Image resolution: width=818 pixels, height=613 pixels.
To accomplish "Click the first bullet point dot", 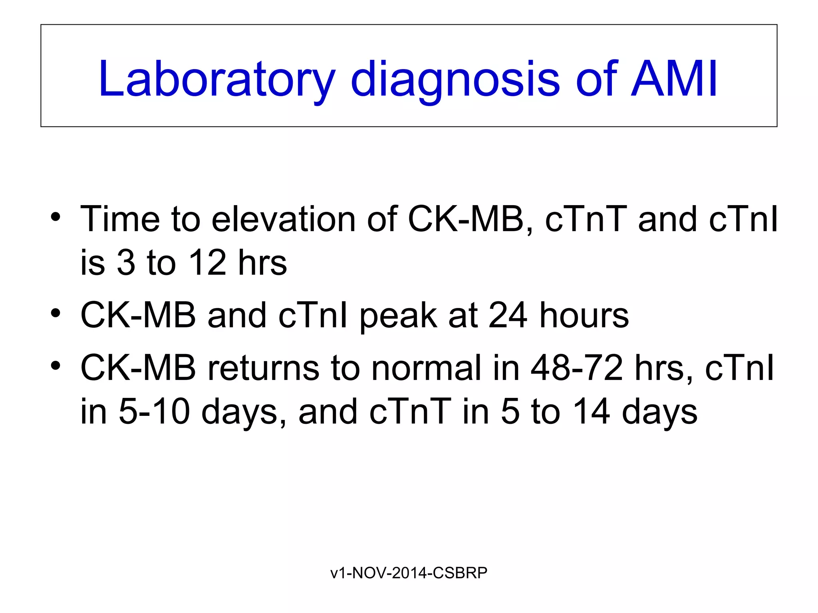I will point(56,218).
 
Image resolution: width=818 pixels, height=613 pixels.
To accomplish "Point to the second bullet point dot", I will point(56,314).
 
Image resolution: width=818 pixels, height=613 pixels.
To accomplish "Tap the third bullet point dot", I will point(56,366).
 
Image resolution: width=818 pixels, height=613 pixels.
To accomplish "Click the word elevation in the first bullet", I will point(283,219).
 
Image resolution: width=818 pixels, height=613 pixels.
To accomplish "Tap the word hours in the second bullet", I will point(584,315).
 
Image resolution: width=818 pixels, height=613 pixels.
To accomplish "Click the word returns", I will point(263,368).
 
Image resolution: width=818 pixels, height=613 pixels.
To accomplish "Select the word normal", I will point(426,368).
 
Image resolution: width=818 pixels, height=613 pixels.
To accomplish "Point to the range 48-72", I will point(576,368).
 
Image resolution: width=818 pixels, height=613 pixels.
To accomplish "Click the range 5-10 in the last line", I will point(154,412).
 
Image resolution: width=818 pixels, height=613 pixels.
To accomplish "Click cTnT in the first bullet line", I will point(586,219).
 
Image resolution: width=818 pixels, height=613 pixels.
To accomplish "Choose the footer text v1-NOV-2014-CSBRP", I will point(409,573).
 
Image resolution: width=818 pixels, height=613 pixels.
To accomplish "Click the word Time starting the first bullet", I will point(120,219).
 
